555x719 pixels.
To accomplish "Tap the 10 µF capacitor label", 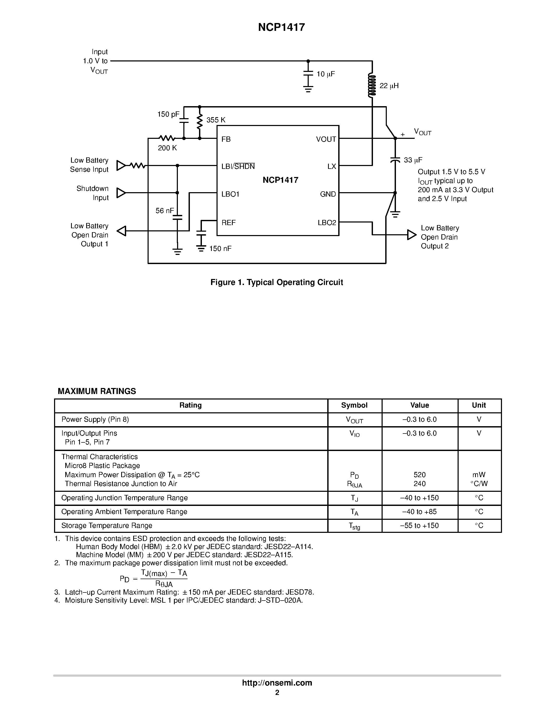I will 325,74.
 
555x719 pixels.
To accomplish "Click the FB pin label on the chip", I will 226,139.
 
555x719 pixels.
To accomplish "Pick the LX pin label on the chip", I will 331,167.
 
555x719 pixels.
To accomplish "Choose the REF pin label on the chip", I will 229,223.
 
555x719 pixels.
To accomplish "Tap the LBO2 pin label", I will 327,223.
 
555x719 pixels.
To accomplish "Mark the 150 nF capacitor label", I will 220,249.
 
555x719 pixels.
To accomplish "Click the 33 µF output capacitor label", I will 413,160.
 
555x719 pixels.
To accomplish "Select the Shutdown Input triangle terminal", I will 121,193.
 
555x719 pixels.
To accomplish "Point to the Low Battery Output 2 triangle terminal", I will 412,235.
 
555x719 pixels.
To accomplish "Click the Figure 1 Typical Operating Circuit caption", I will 277,282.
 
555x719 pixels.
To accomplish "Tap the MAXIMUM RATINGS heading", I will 97,391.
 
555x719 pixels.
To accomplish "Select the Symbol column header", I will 354,405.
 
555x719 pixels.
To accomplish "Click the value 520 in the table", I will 419,475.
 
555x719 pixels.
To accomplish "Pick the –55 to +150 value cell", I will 419,526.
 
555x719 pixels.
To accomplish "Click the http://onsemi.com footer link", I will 277,683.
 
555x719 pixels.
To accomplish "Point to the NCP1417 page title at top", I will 282,27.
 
